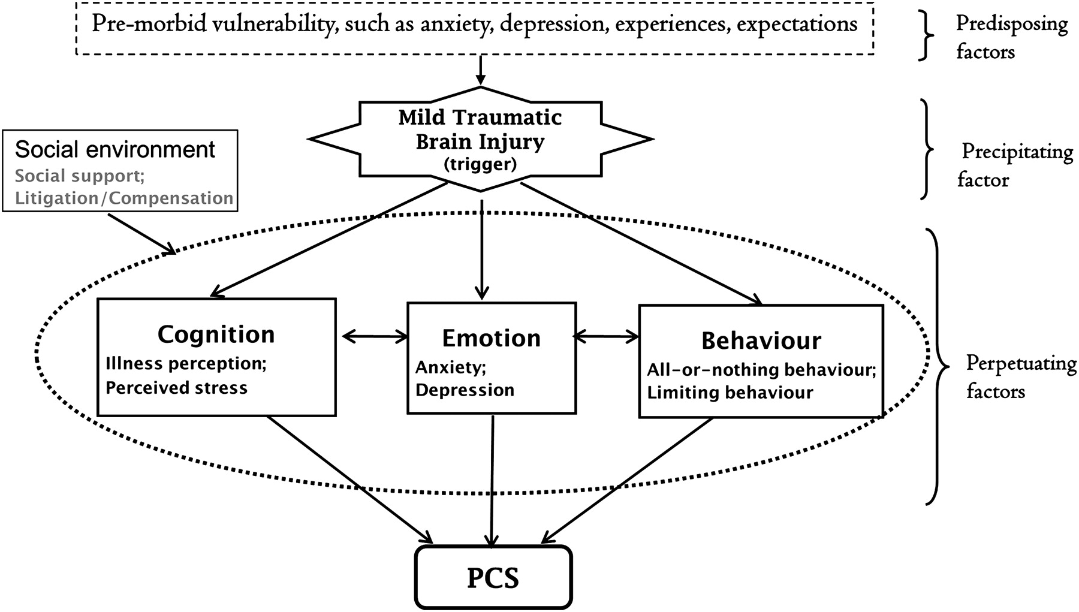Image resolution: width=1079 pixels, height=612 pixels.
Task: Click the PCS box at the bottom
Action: (x=493, y=577)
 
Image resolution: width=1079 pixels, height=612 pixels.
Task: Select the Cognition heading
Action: (x=216, y=334)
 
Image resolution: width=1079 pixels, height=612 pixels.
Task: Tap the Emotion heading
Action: (x=491, y=339)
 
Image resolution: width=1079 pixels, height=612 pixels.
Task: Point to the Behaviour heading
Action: (x=761, y=340)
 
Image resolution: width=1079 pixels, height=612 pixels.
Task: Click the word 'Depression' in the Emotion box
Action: (x=465, y=390)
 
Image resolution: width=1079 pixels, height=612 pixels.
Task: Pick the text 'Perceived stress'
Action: (x=176, y=388)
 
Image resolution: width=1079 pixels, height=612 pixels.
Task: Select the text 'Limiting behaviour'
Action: (x=730, y=393)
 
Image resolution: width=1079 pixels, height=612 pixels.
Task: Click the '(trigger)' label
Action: (x=481, y=164)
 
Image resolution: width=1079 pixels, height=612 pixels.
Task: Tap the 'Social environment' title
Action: (x=114, y=149)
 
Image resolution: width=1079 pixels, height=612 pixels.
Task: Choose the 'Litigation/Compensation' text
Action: (x=124, y=198)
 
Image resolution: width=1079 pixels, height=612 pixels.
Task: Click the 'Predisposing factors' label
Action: (x=1011, y=37)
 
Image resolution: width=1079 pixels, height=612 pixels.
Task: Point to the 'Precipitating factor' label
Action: (x=1016, y=165)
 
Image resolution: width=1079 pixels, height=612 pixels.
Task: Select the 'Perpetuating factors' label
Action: (x=1021, y=377)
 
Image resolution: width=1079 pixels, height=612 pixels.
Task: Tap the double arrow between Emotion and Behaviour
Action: (x=607, y=337)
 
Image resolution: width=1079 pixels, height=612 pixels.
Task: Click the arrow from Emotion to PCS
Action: (x=492, y=480)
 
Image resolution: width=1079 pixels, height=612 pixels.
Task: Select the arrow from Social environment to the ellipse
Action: (x=141, y=233)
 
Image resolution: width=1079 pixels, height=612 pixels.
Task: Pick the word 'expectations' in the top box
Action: (x=797, y=24)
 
